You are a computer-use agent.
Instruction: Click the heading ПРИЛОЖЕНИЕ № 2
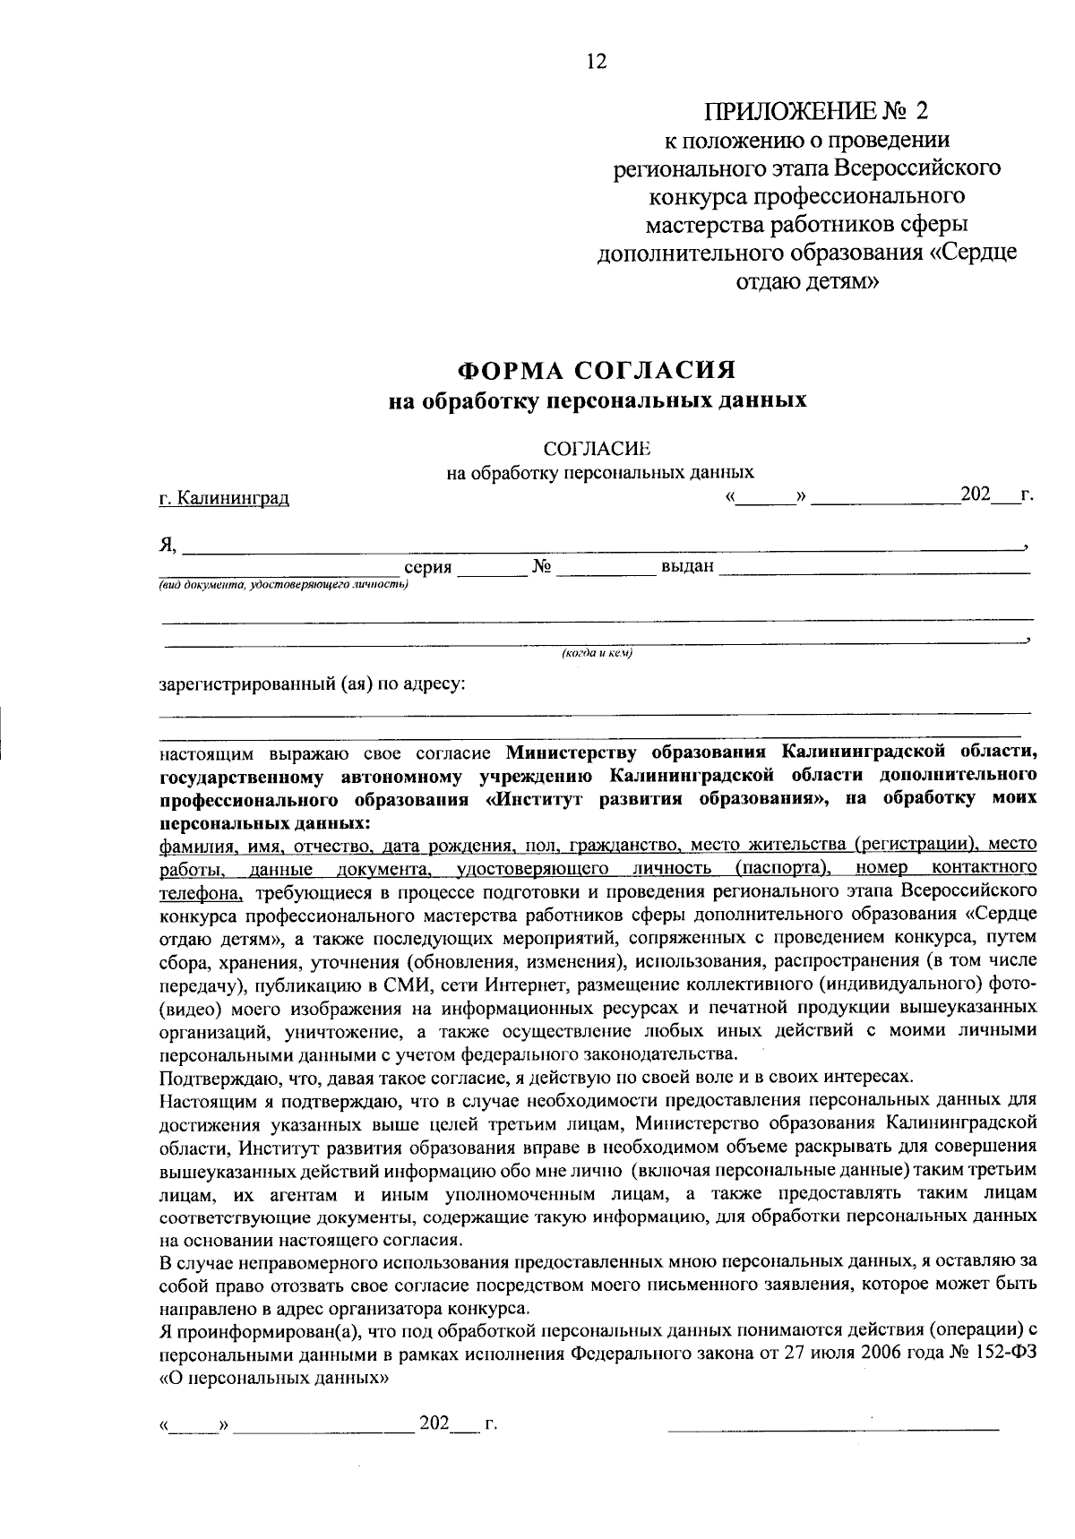pyautogui.click(x=817, y=111)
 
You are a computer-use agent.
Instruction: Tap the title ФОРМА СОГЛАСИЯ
pyautogui.click(x=597, y=370)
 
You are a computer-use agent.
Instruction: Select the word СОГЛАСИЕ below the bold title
pyautogui.click(x=595, y=448)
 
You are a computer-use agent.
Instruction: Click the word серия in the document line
pyautogui.click(x=428, y=568)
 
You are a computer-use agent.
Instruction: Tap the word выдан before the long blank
pyautogui.click(x=687, y=567)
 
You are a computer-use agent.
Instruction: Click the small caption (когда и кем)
pyautogui.click(x=597, y=654)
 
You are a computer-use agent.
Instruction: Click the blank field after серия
pyautogui.click(x=492, y=570)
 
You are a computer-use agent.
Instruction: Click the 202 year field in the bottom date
pyautogui.click(x=434, y=1424)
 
